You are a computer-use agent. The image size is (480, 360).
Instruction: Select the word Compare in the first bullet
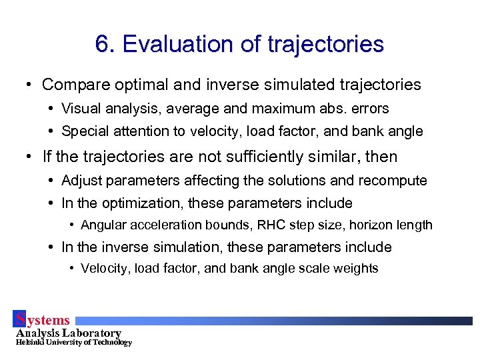[x=74, y=85]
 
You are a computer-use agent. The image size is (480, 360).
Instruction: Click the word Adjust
[x=81, y=181]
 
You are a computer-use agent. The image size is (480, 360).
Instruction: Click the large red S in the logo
[x=21, y=319]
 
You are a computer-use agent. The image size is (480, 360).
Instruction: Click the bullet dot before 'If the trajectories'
[x=28, y=158]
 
